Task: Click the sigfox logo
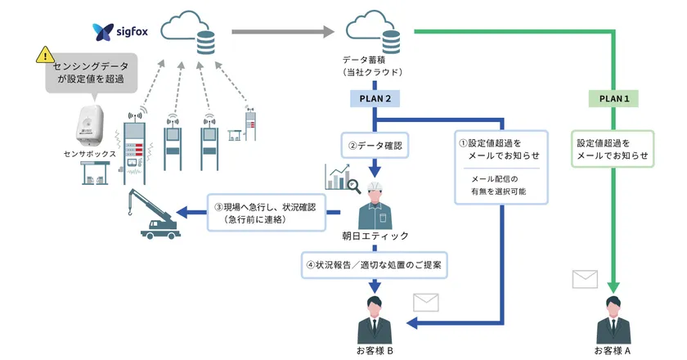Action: click(119, 33)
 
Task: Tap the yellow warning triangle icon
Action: click(43, 55)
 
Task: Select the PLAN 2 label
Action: click(375, 98)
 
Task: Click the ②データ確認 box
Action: click(375, 147)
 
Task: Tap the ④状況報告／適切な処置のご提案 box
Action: click(375, 265)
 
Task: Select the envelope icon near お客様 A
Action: click(585, 279)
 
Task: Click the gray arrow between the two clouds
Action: click(282, 33)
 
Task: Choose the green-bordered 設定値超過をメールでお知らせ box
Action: click(613, 147)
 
